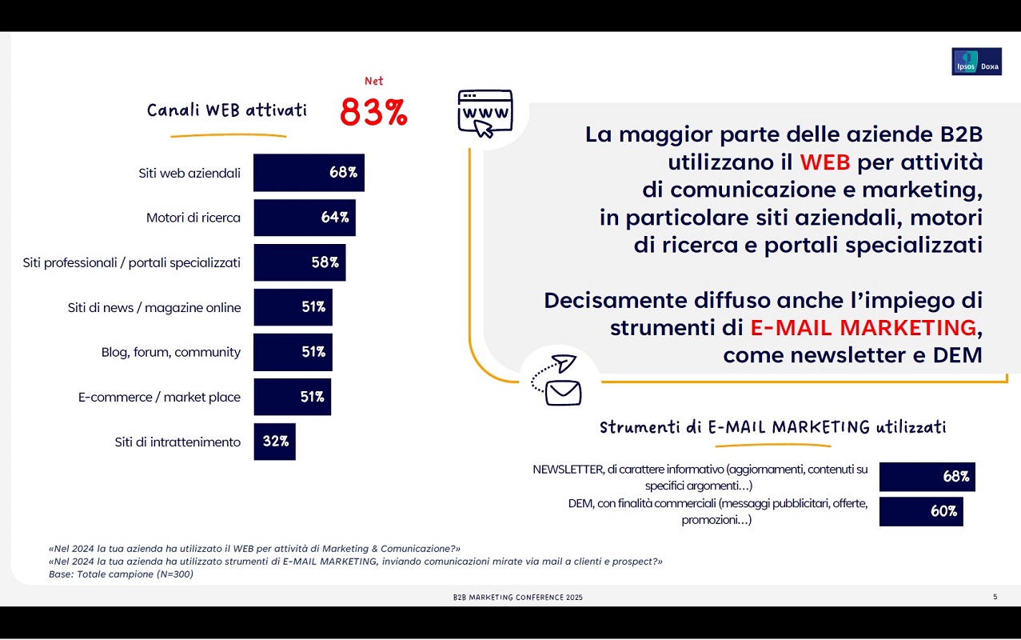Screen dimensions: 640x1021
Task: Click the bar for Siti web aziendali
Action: (309, 173)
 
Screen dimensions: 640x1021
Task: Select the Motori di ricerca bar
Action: (304, 218)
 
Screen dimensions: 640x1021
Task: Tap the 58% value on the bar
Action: (325, 262)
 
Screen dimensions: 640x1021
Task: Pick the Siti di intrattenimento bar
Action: (274, 442)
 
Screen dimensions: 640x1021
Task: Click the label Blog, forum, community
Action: (170, 352)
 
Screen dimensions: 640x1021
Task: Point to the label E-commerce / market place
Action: (159, 397)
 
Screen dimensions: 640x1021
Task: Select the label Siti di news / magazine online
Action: (154, 307)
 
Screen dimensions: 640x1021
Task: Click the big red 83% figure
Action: (373, 113)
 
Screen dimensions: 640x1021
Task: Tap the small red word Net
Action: (373, 81)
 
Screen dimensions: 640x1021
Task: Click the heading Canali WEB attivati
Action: (227, 110)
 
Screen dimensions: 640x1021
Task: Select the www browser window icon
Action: (485, 113)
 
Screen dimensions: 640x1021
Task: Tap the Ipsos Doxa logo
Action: (976, 62)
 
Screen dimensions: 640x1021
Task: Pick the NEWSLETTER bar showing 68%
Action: (927, 477)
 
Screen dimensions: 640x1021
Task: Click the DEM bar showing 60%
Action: (920, 512)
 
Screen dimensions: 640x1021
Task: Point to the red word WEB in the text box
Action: (825, 162)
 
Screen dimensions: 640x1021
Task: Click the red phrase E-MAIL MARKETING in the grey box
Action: (863, 327)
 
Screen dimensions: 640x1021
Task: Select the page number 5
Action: (995, 597)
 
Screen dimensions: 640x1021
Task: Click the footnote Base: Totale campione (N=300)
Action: (121, 574)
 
